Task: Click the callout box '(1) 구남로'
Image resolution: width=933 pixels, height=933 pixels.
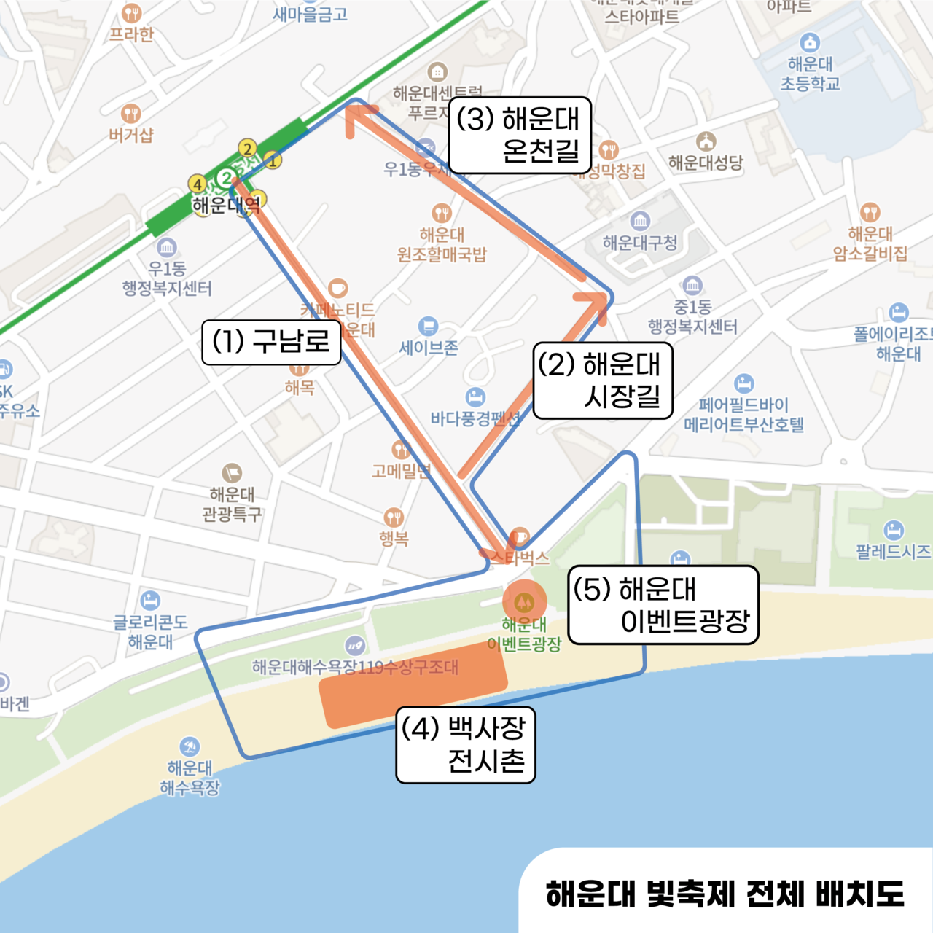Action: tap(271, 342)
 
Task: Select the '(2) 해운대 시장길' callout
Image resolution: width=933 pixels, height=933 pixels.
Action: tap(602, 380)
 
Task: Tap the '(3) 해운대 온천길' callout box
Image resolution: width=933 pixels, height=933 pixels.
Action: tap(519, 135)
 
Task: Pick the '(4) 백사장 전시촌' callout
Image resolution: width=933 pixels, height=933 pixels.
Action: tap(465, 745)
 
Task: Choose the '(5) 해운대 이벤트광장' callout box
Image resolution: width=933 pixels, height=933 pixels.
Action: tap(663, 605)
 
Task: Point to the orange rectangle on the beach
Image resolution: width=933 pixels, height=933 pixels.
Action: tap(413, 685)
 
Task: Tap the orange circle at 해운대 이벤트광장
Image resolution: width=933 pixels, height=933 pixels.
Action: tap(523, 602)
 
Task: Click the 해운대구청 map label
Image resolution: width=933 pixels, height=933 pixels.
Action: tap(640, 243)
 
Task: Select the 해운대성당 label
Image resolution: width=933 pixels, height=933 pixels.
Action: tap(706, 162)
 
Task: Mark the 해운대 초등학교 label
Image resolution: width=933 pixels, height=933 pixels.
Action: tap(810, 74)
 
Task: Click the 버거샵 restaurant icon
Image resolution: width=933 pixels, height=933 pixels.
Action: tap(130, 114)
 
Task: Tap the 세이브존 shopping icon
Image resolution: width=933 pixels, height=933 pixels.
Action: tap(428, 326)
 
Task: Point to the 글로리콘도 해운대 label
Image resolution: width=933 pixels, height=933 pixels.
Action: tap(150, 632)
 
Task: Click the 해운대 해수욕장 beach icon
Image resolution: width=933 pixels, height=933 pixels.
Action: tap(190, 746)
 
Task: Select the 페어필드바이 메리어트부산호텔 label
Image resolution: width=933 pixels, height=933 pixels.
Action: tap(743, 415)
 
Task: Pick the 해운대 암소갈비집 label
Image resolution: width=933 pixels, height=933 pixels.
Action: tap(870, 243)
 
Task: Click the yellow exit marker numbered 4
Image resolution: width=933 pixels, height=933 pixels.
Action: tap(197, 184)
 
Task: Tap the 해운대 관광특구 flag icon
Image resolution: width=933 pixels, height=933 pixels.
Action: tap(232, 473)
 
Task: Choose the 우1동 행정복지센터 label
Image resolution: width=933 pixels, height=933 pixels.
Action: tap(167, 278)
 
